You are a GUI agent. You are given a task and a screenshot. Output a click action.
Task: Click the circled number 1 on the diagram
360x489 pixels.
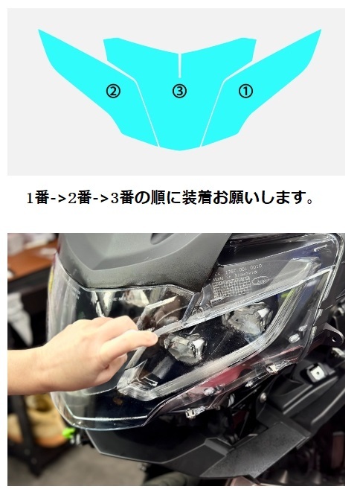(245, 91)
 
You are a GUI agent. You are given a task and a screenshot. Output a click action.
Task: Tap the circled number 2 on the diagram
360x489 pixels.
(113, 91)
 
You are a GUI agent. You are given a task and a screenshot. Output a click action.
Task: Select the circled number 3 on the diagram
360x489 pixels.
(179, 91)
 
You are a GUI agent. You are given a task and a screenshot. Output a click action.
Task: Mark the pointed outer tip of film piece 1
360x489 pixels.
(320, 32)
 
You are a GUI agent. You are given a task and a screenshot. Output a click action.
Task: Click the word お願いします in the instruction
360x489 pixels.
(269, 198)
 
